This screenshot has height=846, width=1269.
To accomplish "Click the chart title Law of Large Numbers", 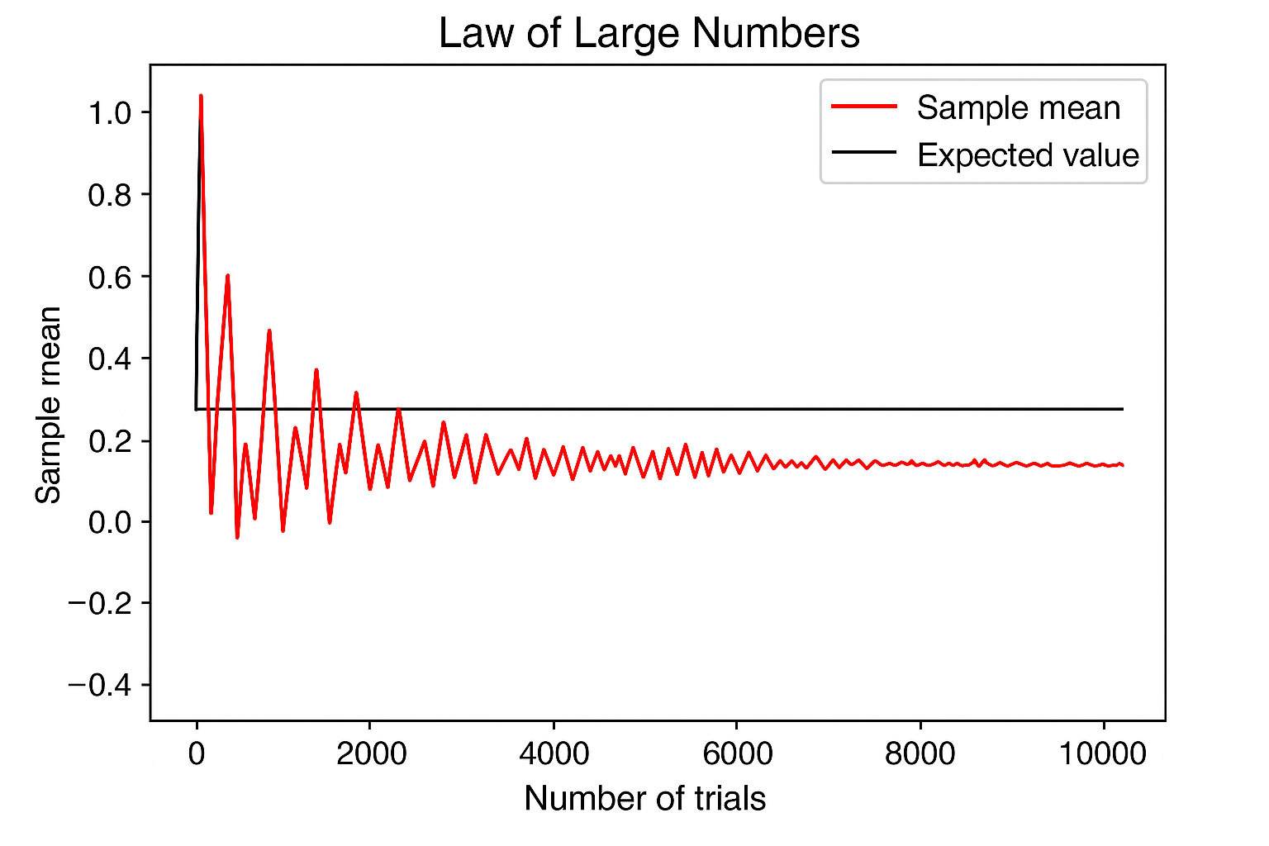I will pyautogui.click(x=649, y=35).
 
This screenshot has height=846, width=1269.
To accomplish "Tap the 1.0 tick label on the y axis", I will pyautogui.click(x=110, y=112).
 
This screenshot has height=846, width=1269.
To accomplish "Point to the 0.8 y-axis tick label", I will pyautogui.click(x=110, y=195).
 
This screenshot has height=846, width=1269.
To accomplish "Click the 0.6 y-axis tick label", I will pyautogui.click(x=110, y=277).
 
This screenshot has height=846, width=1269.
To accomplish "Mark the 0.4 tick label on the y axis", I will pyautogui.click(x=110, y=359).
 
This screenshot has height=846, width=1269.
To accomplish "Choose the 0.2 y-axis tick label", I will pyautogui.click(x=110, y=440).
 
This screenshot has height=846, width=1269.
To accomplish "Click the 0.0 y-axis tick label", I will pyautogui.click(x=110, y=522).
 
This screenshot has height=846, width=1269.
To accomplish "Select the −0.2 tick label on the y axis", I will pyautogui.click(x=100, y=604).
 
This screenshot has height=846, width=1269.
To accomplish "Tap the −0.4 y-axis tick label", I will pyautogui.click(x=100, y=686).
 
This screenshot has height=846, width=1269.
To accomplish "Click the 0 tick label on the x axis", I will pyautogui.click(x=197, y=753).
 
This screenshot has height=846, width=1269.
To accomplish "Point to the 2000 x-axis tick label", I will pyautogui.click(x=371, y=753).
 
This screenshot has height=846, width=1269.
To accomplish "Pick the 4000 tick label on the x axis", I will pyautogui.click(x=554, y=753).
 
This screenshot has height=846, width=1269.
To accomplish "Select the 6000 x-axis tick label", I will pyautogui.click(x=736, y=753).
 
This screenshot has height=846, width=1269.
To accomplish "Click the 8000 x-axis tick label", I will pyautogui.click(x=920, y=753).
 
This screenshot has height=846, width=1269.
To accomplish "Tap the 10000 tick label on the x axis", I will pyautogui.click(x=1103, y=753).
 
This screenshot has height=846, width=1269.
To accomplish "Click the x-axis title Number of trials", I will pyautogui.click(x=644, y=799).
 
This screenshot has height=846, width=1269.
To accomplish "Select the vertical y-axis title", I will pyautogui.click(x=49, y=404).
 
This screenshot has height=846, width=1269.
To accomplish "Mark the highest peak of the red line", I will pyautogui.click(x=201, y=96).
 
